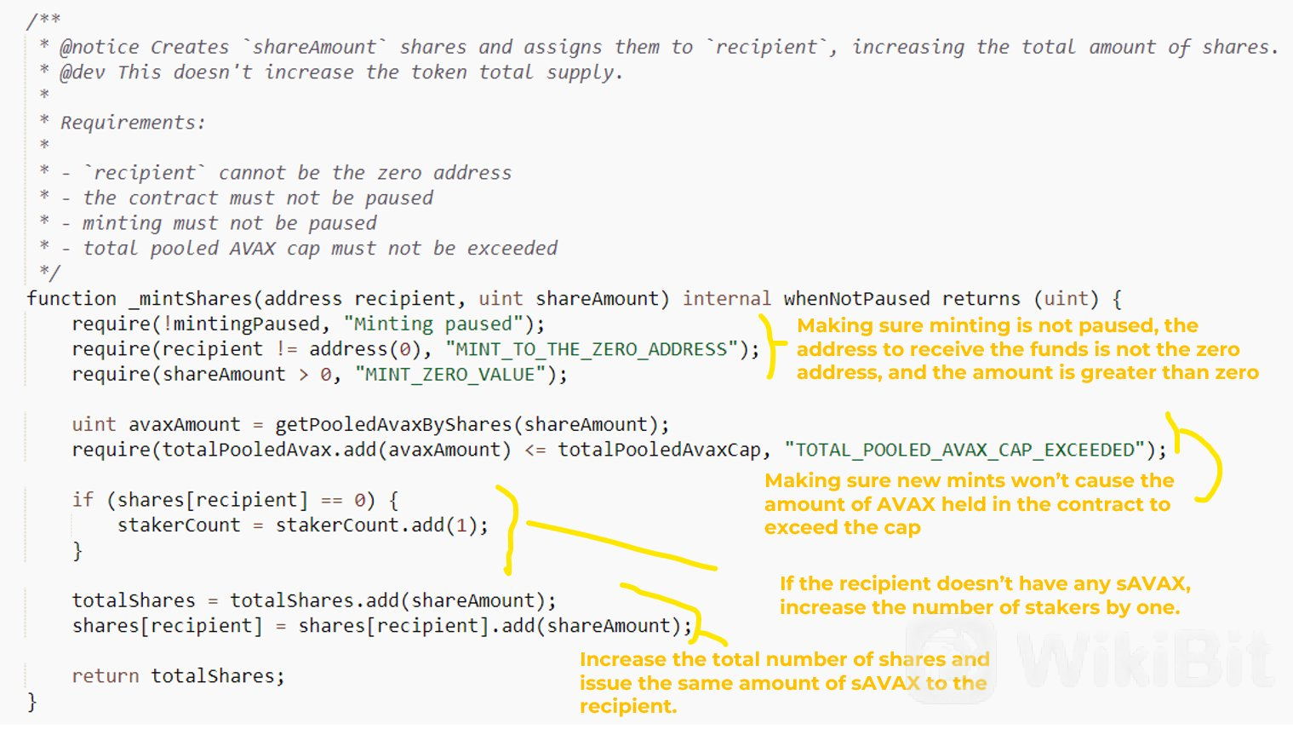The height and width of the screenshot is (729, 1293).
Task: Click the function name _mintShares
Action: [192, 299]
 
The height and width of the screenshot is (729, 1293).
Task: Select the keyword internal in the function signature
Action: [726, 299]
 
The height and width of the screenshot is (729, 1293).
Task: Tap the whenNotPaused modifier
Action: [856, 299]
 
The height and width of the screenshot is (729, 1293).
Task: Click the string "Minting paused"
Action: [433, 324]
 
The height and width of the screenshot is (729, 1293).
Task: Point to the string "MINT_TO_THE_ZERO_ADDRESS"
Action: [592, 349]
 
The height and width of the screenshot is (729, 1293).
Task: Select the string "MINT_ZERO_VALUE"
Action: [449, 375]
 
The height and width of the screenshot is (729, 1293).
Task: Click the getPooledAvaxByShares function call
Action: [393, 425]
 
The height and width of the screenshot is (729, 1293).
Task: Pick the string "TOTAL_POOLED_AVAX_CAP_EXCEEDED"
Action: [964, 450]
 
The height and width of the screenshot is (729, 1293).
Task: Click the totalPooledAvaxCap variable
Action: [659, 450]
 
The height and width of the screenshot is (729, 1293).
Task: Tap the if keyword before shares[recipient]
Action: [83, 500]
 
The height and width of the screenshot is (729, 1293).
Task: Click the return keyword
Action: [105, 676]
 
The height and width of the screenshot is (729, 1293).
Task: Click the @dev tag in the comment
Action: [83, 72]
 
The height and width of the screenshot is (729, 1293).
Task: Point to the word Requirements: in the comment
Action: [133, 123]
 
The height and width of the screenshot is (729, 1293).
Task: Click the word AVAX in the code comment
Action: [252, 249]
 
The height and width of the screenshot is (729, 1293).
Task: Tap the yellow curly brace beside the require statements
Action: [770, 347]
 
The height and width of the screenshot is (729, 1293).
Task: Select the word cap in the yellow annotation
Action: [901, 528]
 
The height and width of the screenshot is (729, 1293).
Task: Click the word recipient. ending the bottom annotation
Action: [628, 707]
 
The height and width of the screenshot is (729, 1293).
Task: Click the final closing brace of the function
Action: [32, 702]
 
